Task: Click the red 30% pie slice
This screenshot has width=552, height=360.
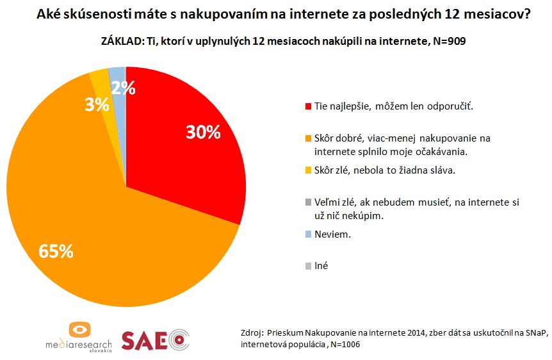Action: click(x=186, y=160)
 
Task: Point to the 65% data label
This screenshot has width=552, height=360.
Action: click(x=56, y=251)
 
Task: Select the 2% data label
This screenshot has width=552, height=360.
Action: click(x=123, y=89)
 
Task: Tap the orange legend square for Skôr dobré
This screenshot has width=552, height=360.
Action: click(x=308, y=138)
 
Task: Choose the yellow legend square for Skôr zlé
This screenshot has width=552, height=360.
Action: click(x=308, y=170)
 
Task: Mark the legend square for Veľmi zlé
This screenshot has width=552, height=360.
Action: click(x=308, y=202)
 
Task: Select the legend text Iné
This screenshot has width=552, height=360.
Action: click(x=321, y=265)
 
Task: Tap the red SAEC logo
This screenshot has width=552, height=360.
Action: click(x=156, y=339)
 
